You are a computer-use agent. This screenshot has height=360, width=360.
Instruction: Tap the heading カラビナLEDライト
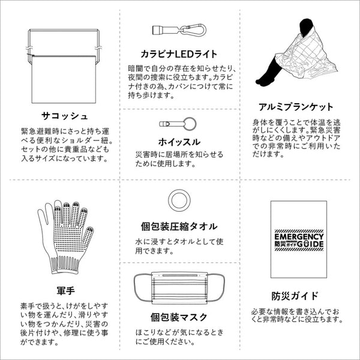click(179, 54)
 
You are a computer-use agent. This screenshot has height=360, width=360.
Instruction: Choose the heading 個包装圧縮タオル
click(179, 227)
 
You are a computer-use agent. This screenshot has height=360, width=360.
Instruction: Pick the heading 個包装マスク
click(179, 316)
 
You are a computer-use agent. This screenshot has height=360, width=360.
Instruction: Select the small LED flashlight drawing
click(166, 30)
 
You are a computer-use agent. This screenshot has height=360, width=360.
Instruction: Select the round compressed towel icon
click(179, 200)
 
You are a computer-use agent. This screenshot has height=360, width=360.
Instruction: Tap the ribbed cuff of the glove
click(65, 263)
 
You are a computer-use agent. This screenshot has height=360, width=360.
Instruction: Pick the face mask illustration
click(179, 288)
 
